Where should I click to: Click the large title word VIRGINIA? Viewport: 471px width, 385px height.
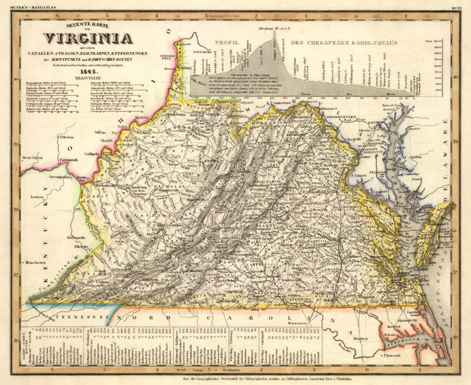tap(88, 38)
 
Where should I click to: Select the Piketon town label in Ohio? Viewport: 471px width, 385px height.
tap(67, 137)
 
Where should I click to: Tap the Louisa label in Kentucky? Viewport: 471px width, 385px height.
tap(37, 197)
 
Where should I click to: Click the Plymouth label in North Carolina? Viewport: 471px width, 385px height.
tap(392, 355)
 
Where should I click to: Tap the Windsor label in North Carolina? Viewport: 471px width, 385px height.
tap(361, 339)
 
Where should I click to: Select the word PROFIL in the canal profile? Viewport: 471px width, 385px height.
tap(227, 43)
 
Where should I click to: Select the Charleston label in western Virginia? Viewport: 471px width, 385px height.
tap(138, 187)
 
